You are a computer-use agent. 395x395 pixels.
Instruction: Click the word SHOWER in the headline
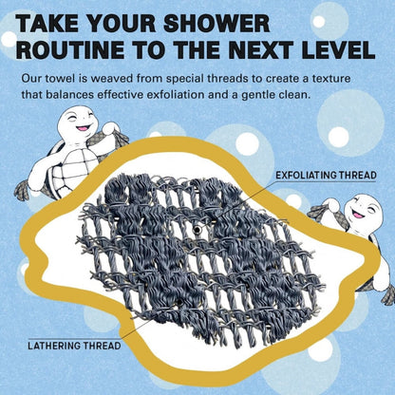click(x=216, y=23)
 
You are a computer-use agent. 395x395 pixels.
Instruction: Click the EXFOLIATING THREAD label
click(x=326, y=175)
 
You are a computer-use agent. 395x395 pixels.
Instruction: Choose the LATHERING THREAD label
click(x=74, y=346)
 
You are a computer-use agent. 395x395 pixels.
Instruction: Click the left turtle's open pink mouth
click(x=83, y=128)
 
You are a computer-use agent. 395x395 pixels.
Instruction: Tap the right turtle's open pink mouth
click(x=359, y=215)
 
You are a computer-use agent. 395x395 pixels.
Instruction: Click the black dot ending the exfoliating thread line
click(x=197, y=230)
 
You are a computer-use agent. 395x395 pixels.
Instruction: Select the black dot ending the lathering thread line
click(x=179, y=303)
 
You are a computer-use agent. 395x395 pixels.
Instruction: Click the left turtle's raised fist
click(x=111, y=128)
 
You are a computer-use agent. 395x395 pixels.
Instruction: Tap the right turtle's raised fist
click(x=330, y=205)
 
